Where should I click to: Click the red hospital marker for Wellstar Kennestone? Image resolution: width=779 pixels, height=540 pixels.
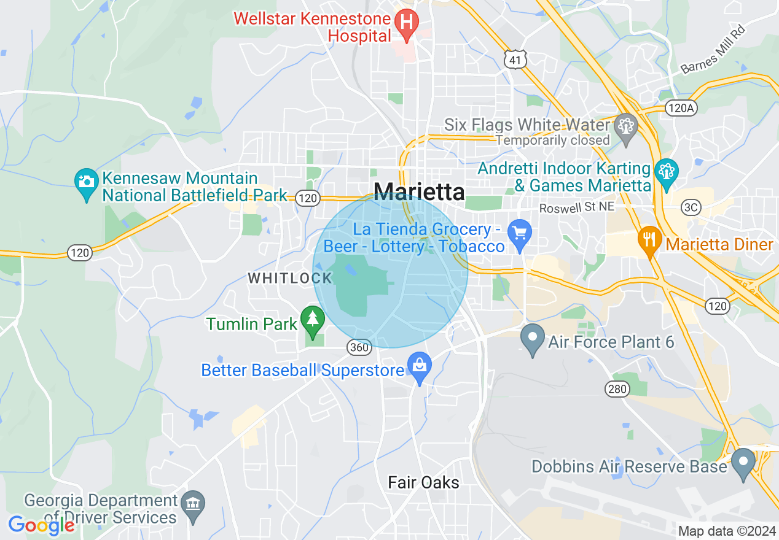tap(406, 22)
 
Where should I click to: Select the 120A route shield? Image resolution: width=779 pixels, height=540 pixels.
tap(681, 109)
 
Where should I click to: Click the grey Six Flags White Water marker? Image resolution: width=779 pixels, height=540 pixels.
tap(626, 127)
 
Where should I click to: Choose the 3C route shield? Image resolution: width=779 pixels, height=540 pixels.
tap(691, 207)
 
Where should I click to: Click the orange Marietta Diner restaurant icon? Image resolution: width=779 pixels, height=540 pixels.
tap(649, 238)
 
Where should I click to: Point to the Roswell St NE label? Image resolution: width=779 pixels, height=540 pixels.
tap(576, 208)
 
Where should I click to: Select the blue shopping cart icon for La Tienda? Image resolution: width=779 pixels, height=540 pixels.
tap(520, 234)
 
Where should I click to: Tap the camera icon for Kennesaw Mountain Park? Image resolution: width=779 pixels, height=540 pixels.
tap(86, 182)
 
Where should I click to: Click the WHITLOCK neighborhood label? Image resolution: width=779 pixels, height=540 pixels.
tap(289, 278)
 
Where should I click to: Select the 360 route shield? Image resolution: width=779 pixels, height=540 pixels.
tap(359, 348)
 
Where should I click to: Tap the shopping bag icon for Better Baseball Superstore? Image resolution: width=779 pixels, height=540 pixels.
tap(420, 366)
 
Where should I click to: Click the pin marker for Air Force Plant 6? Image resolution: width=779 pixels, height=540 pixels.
tap(532, 338)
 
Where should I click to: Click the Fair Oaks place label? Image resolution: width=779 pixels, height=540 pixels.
tap(423, 482)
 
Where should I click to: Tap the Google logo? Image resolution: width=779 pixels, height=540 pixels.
tap(41, 525)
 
